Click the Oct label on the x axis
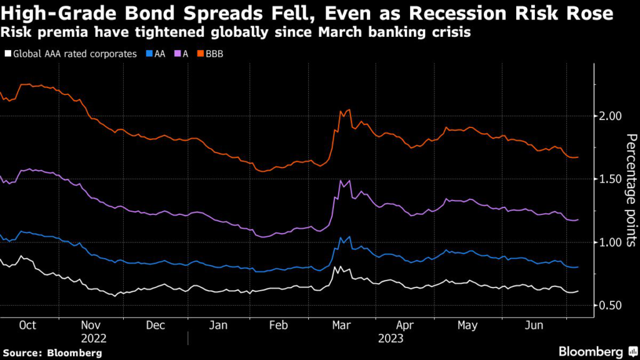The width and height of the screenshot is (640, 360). point(27,326)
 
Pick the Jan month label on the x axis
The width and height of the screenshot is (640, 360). point(219,326)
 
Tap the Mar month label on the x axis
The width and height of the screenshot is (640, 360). point(342,326)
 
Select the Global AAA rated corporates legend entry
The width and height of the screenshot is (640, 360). point(70,54)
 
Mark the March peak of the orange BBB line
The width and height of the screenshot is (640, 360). point(348,110)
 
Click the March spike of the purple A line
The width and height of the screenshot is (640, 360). point(341,181)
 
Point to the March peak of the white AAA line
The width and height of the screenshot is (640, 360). point(336,267)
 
